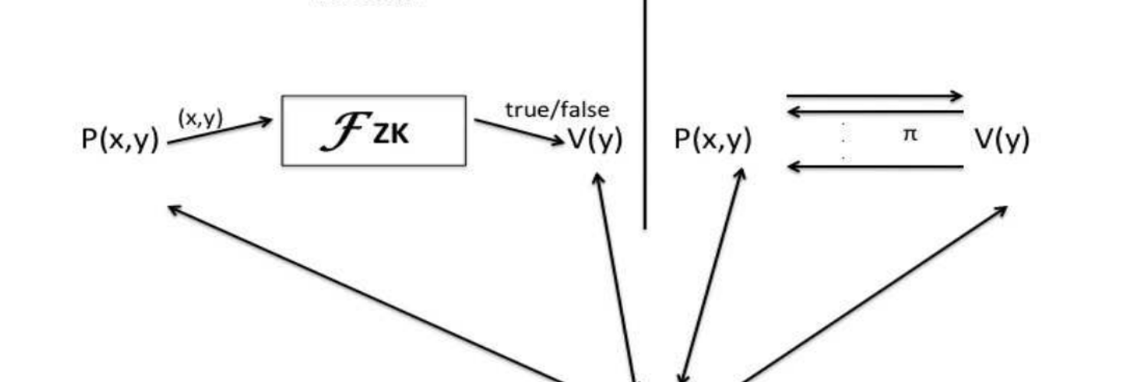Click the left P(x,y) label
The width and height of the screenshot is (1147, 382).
pos(121,140)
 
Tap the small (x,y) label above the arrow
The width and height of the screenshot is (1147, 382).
pos(200,118)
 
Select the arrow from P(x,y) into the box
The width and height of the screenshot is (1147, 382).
pos(220,131)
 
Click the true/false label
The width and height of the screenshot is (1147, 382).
pos(557,109)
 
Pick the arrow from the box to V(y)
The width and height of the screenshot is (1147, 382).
pos(518,131)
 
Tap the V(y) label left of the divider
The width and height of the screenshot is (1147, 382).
pos(595,140)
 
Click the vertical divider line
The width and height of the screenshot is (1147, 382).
pos(645,115)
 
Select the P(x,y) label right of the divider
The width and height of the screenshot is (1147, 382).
pos(713,140)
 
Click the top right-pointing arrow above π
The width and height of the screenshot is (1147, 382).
pos(875,96)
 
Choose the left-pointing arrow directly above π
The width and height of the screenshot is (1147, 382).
pos(875,112)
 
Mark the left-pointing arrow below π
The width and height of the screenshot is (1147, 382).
pos(875,166)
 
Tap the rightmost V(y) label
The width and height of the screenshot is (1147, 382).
pos(1002,140)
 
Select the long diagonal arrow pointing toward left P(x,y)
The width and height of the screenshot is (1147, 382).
pos(367,293)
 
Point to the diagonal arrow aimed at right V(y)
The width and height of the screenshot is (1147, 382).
pos(872,293)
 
